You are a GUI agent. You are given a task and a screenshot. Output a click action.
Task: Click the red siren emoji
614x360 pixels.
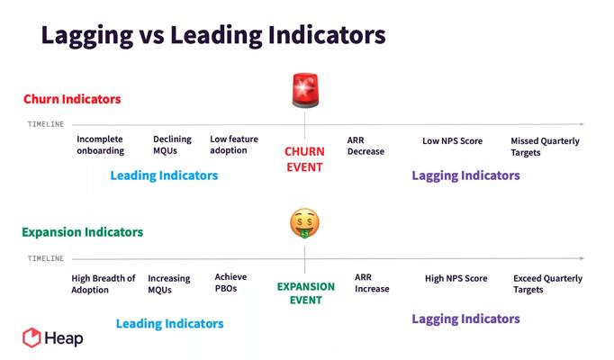305,90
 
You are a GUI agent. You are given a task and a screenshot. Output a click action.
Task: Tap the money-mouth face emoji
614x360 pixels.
304,223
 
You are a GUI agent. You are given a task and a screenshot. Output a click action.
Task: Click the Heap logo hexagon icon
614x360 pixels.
32,337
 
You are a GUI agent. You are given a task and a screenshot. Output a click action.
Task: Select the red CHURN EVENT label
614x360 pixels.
304,159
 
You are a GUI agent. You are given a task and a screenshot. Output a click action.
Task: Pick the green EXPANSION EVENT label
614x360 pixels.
306,293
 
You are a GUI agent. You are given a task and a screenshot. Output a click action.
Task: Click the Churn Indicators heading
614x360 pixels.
72,99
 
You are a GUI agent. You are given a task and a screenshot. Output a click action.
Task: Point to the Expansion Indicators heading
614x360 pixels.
82,232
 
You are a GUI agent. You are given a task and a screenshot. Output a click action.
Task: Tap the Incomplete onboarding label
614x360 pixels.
100,145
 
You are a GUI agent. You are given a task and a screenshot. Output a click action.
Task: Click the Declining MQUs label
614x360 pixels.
172,145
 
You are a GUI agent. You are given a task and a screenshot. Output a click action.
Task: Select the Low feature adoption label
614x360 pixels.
234,144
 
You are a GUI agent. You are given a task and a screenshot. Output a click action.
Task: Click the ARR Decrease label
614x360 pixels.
366,146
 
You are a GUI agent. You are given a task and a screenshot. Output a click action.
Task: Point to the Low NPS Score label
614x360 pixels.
452,141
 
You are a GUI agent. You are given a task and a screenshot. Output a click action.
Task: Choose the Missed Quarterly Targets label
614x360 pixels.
545,147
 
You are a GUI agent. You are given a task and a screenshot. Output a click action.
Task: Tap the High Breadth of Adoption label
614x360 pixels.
103,284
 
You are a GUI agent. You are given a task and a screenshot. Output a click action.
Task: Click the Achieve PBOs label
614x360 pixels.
230,283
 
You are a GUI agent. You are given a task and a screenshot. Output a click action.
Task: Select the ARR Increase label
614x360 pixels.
372,283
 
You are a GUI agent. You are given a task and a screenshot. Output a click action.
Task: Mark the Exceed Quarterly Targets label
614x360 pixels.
547,283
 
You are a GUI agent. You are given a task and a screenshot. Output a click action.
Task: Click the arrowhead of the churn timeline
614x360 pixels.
582,124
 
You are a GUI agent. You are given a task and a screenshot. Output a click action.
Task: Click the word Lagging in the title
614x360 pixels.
87,36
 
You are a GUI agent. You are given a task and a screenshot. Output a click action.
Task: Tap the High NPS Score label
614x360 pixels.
456,278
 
